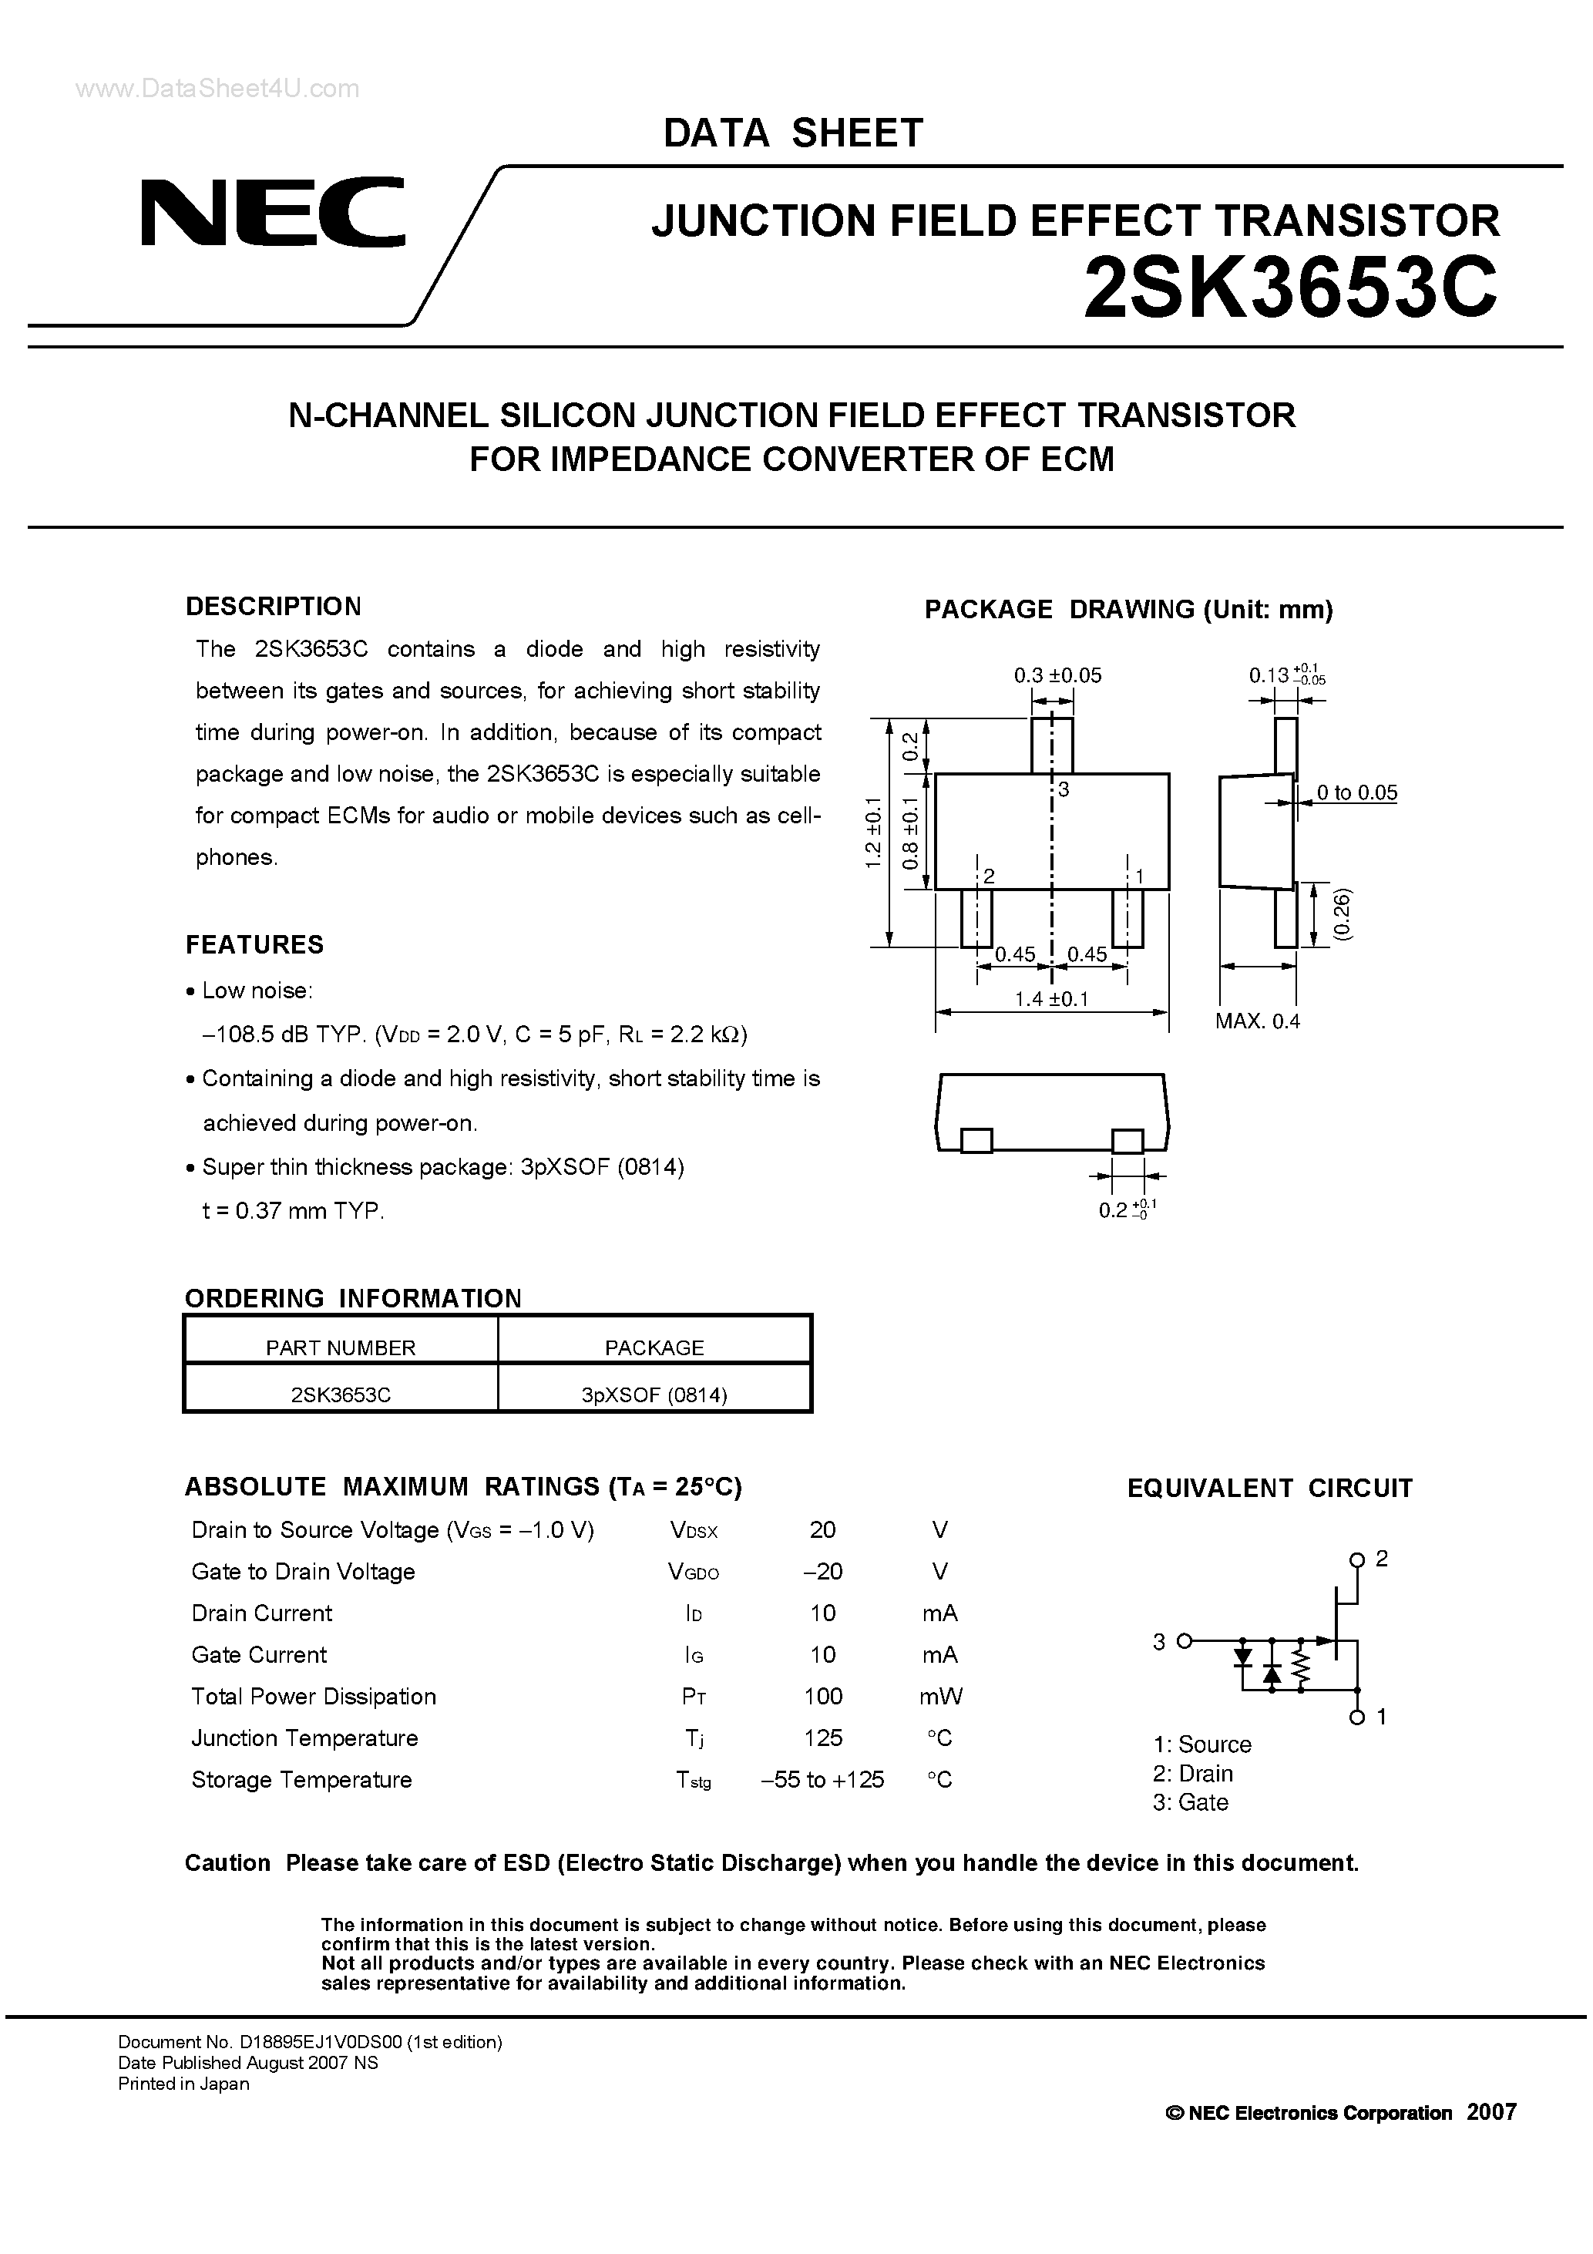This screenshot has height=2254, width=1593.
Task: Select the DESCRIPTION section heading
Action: [273, 607]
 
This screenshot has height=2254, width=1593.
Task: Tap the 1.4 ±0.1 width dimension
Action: [1051, 999]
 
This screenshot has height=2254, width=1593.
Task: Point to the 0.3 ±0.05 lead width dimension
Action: [1057, 675]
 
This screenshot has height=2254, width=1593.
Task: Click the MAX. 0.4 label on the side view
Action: [1257, 1021]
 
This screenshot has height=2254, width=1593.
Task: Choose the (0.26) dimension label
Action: [1343, 914]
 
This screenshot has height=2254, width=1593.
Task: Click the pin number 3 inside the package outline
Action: [1063, 789]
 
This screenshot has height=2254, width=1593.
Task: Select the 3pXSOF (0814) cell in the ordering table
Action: [654, 1394]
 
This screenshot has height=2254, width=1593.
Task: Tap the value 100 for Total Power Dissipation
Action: [822, 1697]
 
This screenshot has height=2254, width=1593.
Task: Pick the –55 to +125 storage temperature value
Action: [822, 1780]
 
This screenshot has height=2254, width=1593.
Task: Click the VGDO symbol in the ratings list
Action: [693, 1573]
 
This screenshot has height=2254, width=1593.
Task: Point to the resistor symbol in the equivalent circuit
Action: [1302, 1665]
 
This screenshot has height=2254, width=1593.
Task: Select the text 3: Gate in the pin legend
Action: [1191, 1802]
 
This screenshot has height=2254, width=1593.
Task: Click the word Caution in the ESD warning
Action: [227, 1863]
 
